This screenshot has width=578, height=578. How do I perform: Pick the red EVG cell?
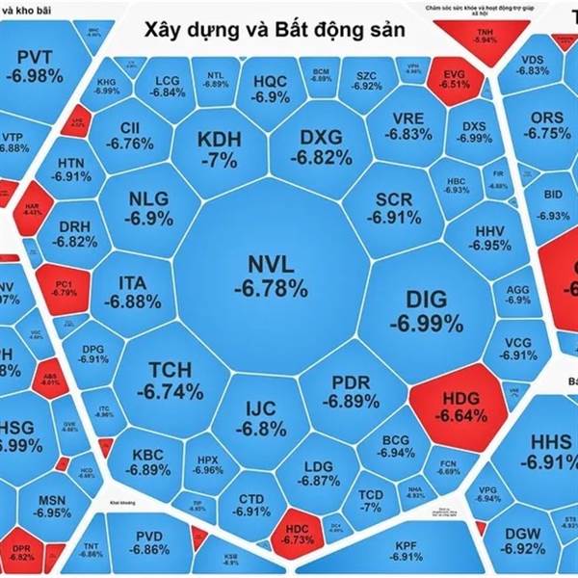[447, 75]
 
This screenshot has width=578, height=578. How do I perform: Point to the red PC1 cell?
[63, 285]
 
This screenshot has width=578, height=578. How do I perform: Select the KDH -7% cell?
[219, 148]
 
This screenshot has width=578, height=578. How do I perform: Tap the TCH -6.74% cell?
[170, 381]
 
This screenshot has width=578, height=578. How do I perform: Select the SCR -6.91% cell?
[395, 207]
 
